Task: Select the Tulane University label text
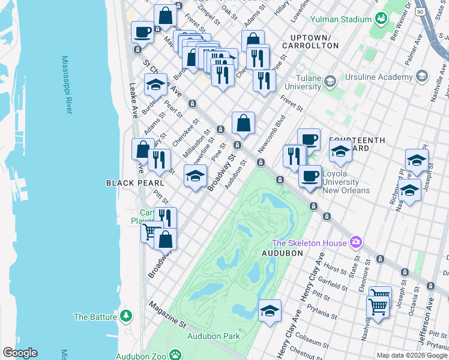(x=303, y=82)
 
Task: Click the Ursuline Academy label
(x=379, y=77)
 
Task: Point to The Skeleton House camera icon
(x=357, y=242)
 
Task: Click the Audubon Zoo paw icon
(x=175, y=355)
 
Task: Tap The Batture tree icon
(x=126, y=316)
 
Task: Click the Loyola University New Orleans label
(x=346, y=182)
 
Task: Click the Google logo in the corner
(x=20, y=353)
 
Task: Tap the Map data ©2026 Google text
(x=412, y=355)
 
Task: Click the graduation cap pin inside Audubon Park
(x=270, y=311)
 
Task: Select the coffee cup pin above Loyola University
(x=309, y=139)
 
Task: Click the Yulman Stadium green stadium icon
(x=380, y=19)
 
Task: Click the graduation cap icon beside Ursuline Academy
(x=421, y=76)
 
